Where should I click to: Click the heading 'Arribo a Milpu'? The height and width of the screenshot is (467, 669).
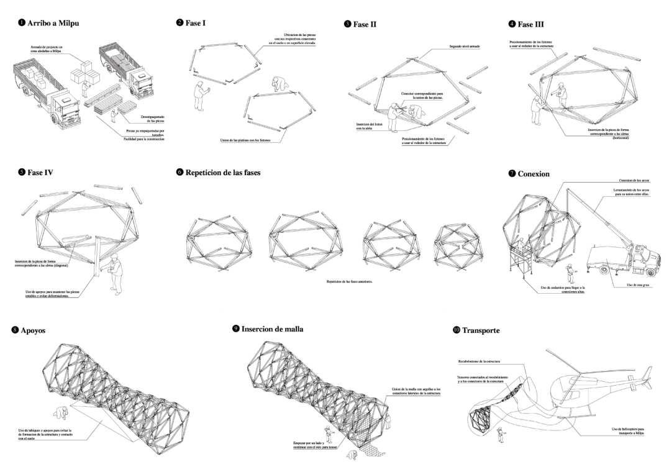pyautogui.click(x=53, y=24)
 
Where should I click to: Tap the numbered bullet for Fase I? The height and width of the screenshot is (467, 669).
pyautogui.click(x=180, y=23)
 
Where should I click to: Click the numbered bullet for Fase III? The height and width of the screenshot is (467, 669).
pyautogui.click(x=512, y=24)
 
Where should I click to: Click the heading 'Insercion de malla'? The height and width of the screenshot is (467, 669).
pyautogui.click(x=272, y=329)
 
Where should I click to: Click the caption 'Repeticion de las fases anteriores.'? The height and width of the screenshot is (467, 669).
pyautogui.click(x=353, y=281)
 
